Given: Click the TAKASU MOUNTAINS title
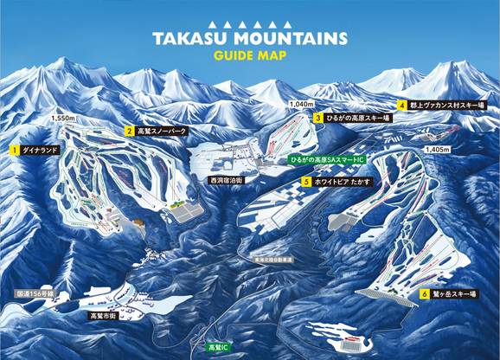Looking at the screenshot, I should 250,39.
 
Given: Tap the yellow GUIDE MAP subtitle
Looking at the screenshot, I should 249,56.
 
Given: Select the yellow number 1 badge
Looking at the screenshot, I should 14,149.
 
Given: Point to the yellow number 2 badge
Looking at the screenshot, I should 128,132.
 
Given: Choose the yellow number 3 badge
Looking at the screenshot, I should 318,118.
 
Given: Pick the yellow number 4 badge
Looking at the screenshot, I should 402,105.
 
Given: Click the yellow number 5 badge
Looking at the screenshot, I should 306,182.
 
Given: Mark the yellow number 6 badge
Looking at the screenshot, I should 425,294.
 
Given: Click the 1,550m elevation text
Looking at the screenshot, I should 64,118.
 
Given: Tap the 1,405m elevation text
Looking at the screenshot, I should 438,149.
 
